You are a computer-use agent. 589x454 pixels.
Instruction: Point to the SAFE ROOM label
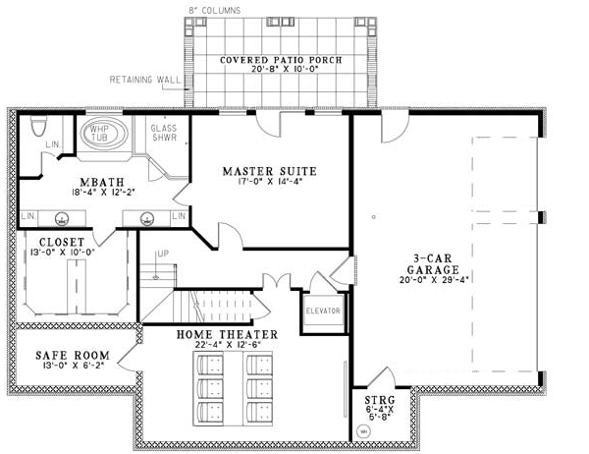pyautogui.click(x=60, y=355)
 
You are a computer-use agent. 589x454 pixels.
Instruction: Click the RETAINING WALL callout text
pyautogui.click(x=144, y=79)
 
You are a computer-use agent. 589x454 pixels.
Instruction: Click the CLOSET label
pyautogui.click(x=61, y=241)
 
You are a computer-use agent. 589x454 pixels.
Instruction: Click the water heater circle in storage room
pyautogui.click(x=363, y=430)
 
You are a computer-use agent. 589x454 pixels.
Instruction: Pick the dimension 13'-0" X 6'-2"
pyautogui.click(x=60, y=367)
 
